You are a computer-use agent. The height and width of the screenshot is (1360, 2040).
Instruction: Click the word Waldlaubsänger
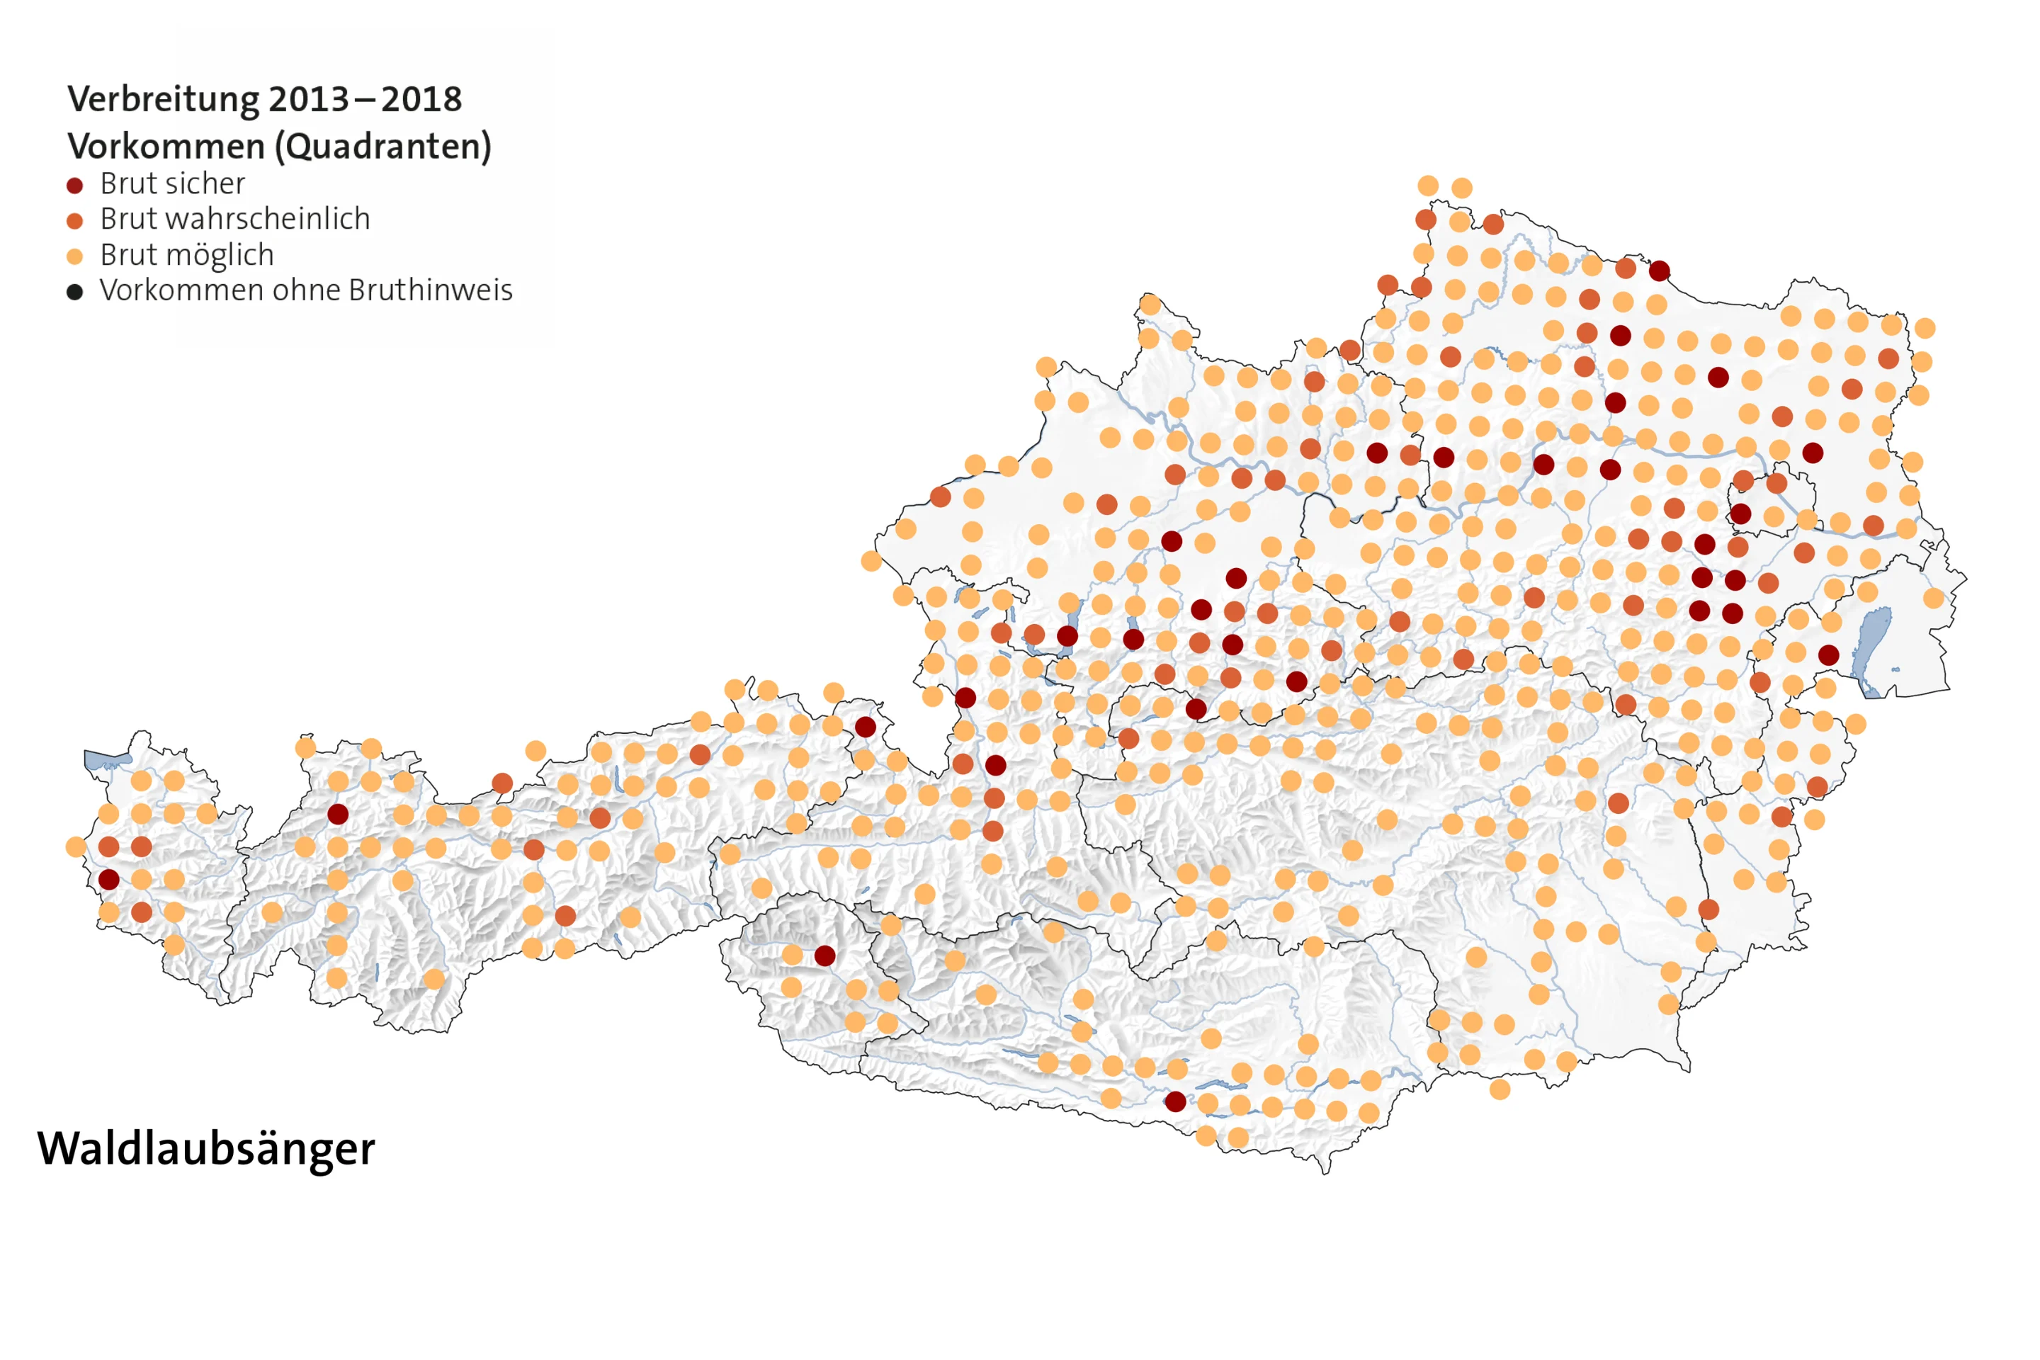pos(205,1149)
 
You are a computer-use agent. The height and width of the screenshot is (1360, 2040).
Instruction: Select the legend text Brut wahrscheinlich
pos(235,220)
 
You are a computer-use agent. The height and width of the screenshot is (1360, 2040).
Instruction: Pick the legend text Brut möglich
pos(187,255)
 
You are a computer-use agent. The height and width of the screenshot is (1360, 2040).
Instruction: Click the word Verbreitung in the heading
pos(163,100)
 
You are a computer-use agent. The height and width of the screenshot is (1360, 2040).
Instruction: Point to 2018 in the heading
pos(421,100)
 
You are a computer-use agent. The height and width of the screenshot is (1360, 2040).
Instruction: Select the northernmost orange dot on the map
pos(1429,186)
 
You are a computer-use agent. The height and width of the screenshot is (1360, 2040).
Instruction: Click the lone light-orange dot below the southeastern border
pos(1500,1089)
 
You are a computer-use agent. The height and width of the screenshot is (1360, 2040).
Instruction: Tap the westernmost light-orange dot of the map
pos(76,846)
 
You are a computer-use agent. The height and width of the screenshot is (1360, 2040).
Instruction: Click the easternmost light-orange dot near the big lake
pos(1934,598)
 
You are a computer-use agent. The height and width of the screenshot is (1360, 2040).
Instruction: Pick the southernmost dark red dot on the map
pos(1175,1101)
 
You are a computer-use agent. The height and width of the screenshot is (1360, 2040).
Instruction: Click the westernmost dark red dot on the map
pos(108,880)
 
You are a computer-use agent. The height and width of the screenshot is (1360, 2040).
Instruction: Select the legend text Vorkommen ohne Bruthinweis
pos(306,290)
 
